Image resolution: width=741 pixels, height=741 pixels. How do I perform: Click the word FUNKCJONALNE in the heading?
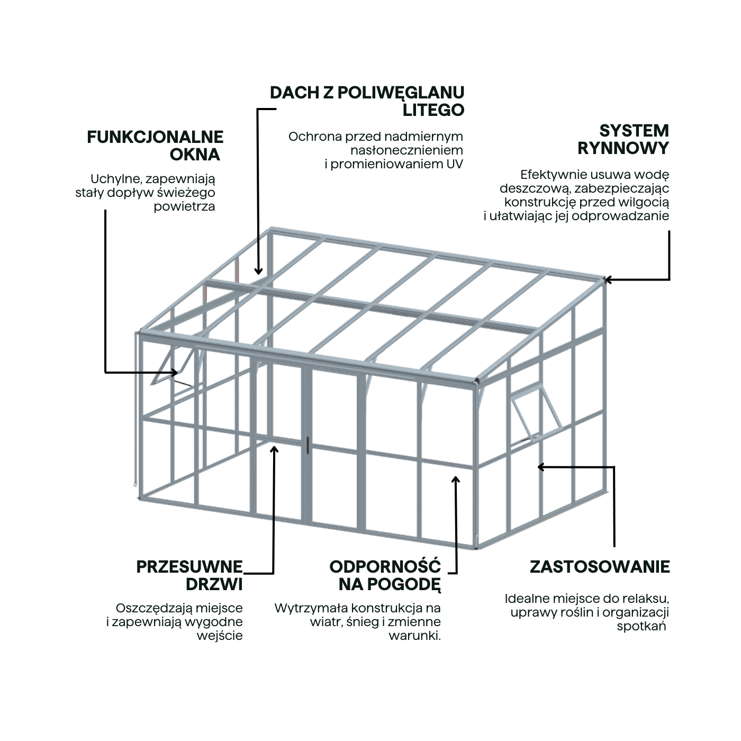coord(155,137)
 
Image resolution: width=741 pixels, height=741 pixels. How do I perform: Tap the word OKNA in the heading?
coord(195,155)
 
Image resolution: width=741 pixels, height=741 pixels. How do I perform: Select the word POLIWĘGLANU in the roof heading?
coord(401,93)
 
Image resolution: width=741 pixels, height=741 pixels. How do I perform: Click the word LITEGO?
coord(433,110)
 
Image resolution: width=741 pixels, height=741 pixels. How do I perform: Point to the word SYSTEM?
coord(634,131)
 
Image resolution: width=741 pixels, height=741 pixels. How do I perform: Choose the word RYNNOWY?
coord(623,148)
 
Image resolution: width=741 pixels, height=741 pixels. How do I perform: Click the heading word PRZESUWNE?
coord(189,567)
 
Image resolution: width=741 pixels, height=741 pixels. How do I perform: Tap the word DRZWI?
coord(214,584)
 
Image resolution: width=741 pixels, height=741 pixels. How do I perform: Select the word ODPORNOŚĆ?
coord(385,566)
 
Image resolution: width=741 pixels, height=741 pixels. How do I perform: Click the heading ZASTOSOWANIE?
coord(600,567)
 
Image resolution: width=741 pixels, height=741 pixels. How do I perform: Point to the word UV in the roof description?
coord(455,164)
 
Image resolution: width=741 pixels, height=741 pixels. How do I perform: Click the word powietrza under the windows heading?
coord(184,207)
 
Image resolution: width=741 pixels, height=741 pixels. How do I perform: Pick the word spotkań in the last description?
coord(641,626)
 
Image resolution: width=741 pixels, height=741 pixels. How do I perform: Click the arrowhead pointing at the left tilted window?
coord(175,372)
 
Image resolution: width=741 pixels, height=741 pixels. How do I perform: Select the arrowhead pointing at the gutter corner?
coord(608,279)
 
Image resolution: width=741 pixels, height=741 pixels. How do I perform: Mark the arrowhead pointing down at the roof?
coord(258,270)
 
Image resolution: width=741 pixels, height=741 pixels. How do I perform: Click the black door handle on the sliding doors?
coord(308,445)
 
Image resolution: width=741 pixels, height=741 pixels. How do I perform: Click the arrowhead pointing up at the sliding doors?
coord(274,449)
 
